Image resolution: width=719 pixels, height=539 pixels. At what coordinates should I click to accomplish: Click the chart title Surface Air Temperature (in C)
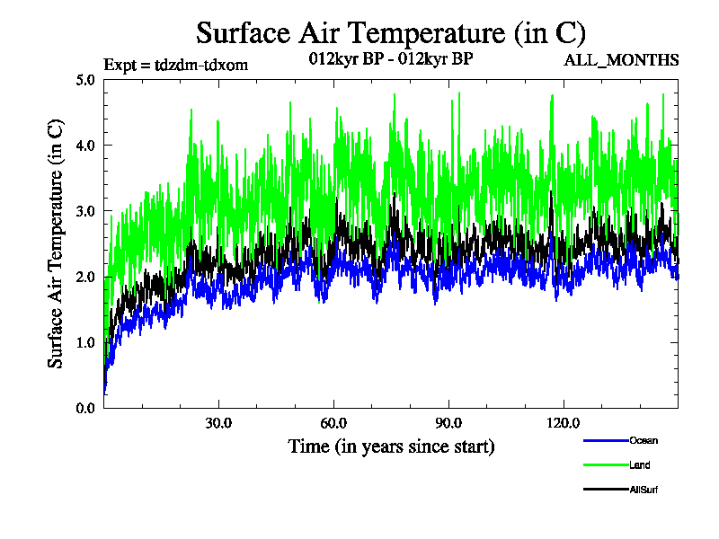[x=391, y=33]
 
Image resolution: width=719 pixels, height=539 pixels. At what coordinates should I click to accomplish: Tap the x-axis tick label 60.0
[x=333, y=423]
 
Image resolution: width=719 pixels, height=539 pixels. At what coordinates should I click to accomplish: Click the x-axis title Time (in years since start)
[x=391, y=446]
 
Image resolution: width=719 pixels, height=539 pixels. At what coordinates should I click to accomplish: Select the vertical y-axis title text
[x=56, y=243]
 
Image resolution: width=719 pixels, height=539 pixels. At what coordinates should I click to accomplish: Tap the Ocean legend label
[x=644, y=440]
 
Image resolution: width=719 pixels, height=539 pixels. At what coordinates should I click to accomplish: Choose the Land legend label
[x=640, y=464]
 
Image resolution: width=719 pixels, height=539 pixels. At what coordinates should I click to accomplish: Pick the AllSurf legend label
[x=644, y=490]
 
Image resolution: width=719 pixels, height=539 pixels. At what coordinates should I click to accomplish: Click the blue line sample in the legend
[x=605, y=440]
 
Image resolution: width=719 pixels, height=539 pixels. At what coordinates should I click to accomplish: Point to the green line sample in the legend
[x=605, y=464]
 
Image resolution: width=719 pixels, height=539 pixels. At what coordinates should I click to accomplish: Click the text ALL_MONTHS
[x=621, y=61]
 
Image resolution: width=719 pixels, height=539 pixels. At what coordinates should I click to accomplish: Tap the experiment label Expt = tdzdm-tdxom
[x=176, y=64]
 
